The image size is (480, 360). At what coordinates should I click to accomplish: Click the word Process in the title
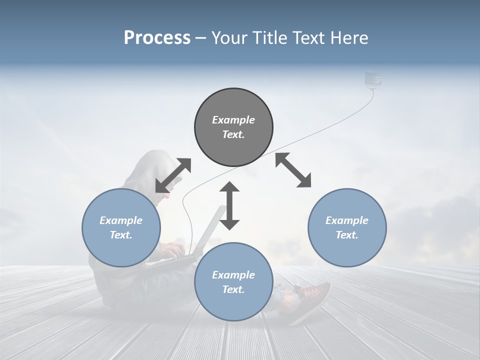tap(157, 38)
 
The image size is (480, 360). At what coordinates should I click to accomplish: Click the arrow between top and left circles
tap(173, 175)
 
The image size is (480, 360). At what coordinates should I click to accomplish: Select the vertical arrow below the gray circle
tap(229, 205)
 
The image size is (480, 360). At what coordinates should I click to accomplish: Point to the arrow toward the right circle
tap(293, 170)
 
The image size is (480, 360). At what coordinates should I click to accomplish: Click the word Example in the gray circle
tap(233, 120)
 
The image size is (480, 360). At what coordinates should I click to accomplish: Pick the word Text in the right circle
tap(346, 235)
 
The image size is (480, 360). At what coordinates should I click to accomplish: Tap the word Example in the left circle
tap(121, 220)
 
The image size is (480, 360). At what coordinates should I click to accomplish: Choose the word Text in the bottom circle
tap(233, 289)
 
